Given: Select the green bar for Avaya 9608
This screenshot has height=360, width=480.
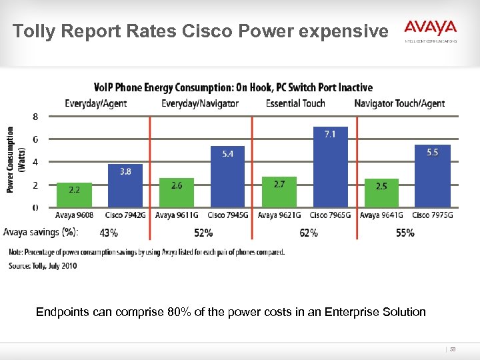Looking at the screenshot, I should coord(74,194).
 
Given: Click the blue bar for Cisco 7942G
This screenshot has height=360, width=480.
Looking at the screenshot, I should coord(125,185).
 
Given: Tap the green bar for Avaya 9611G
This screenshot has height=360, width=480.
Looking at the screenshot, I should coord(177,192).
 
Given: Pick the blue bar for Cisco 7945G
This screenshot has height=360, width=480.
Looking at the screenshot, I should coord(227,176).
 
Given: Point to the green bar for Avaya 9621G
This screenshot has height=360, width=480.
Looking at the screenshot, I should coord(279,191).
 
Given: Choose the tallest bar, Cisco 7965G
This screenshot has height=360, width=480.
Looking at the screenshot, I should coord(331,167).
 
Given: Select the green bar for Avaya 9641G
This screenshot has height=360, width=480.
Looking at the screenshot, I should coord(382,192).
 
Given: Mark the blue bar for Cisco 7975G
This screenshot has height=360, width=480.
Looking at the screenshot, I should coord(433,175).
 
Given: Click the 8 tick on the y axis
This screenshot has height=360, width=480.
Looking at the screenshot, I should coord(35,117).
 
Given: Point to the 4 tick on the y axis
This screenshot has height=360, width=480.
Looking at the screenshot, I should coord(35,162).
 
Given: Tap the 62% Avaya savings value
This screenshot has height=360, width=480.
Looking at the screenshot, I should coord(309,233).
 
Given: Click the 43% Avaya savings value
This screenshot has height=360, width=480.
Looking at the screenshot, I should coord(109,233).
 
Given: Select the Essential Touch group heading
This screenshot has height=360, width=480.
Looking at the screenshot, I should coord(295,103).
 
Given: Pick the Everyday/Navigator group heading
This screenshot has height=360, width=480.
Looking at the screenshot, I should coord(200,103).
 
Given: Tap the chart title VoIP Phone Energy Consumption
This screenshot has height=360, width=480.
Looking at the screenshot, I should coord(233,87).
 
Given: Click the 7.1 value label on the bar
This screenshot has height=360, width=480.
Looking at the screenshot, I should coord(329,134).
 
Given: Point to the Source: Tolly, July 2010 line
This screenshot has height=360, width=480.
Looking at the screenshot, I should coord(43,266).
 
